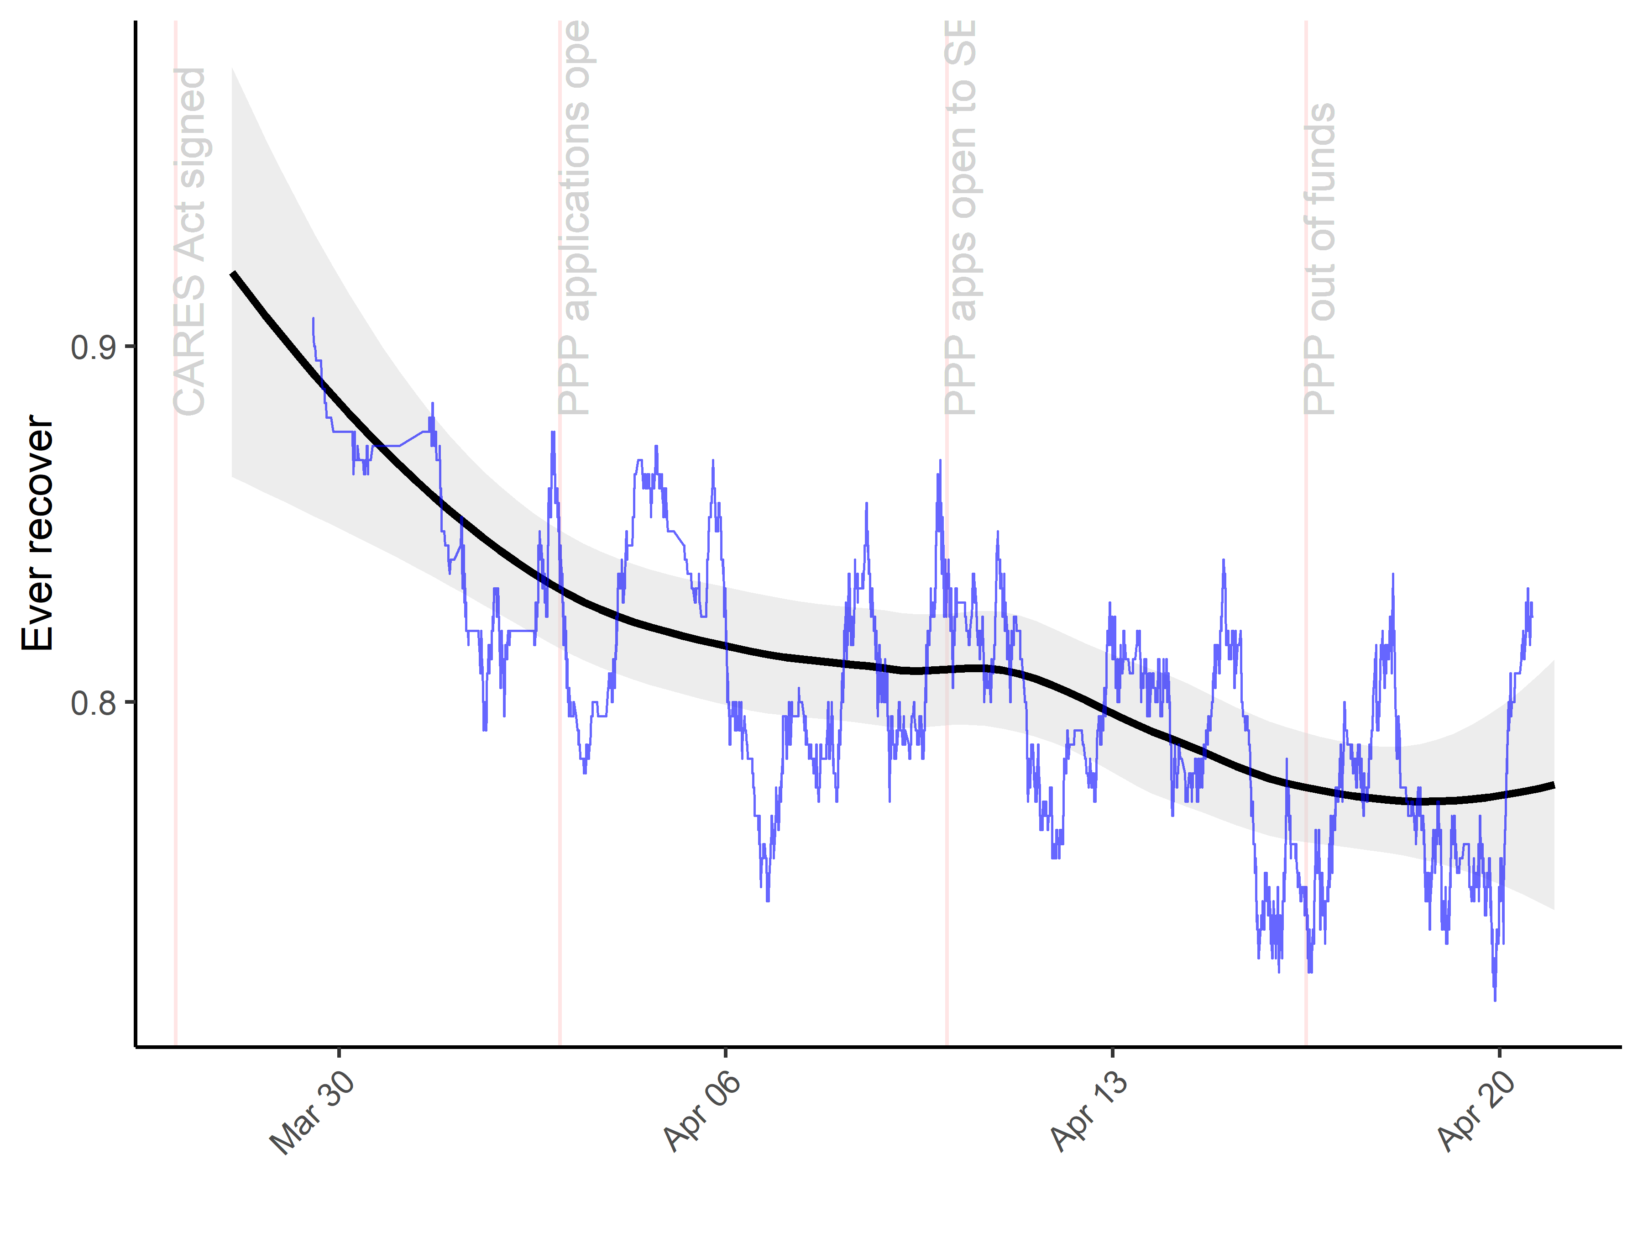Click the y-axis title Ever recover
(x=37, y=533)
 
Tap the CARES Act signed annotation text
(x=189, y=242)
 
